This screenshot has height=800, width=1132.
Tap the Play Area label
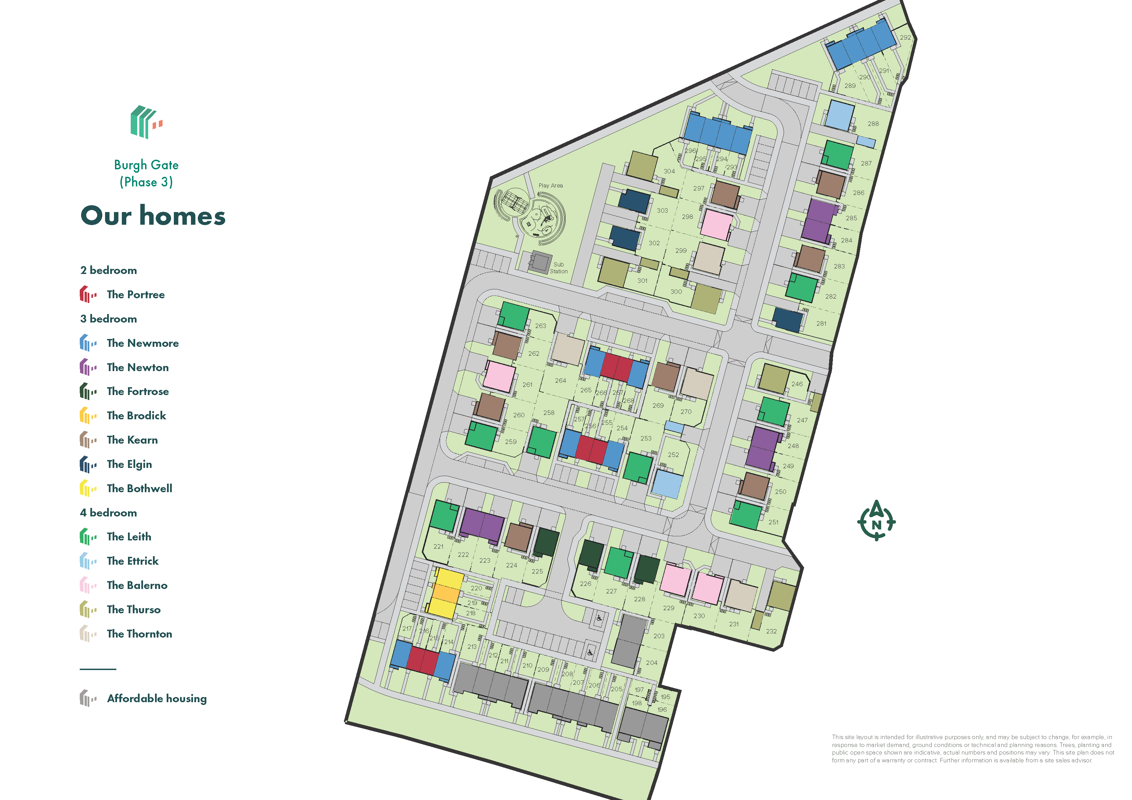[550, 185]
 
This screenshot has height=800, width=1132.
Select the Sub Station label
[558, 268]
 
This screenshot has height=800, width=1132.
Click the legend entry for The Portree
[136, 294]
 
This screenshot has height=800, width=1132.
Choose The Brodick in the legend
[136, 416]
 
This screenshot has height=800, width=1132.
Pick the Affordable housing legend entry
[156, 698]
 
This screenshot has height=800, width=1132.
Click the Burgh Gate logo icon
[146, 122]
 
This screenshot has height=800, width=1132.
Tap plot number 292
[905, 38]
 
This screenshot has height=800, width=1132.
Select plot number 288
[873, 124]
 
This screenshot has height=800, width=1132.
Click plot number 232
[771, 631]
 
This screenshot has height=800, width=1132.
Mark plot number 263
[540, 326]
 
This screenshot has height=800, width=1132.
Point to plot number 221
[438, 546]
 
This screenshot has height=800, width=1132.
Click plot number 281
[821, 323]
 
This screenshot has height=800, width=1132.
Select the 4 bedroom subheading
[108, 513]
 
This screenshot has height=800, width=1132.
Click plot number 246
[797, 384]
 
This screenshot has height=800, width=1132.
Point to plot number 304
[669, 171]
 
